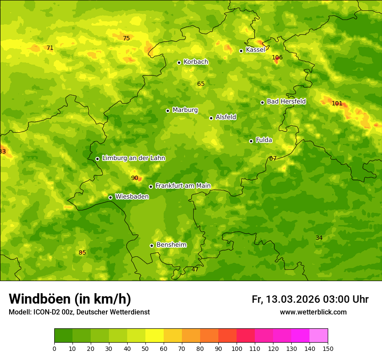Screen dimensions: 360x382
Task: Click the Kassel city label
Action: tap(255, 50)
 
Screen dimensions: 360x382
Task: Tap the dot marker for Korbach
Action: tap(179, 62)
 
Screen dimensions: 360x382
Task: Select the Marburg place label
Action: tap(185, 110)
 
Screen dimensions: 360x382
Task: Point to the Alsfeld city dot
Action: tap(211, 118)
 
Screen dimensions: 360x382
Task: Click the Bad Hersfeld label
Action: tap(286, 101)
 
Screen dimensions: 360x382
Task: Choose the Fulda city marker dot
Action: tap(251, 141)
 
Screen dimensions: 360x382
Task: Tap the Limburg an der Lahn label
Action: tap(133, 158)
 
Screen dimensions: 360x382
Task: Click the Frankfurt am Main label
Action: tap(183, 186)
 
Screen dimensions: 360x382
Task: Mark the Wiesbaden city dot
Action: tap(110, 197)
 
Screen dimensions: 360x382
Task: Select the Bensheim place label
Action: tap(171, 245)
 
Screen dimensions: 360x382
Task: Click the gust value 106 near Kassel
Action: tap(277, 57)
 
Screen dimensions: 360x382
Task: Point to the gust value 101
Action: tap(337, 103)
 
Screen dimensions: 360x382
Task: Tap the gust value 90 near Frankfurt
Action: tap(135, 178)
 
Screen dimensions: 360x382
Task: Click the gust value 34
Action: tap(319, 238)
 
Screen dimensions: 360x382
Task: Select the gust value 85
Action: tap(82, 252)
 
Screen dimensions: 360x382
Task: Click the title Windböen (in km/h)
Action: tap(70, 299)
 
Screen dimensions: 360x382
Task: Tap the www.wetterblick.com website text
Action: tap(313, 312)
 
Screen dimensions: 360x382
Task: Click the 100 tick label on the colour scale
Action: tap(237, 348)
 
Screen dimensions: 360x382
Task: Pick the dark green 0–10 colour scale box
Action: tap(63, 335)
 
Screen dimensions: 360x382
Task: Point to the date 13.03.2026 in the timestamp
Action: tap(293, 299)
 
